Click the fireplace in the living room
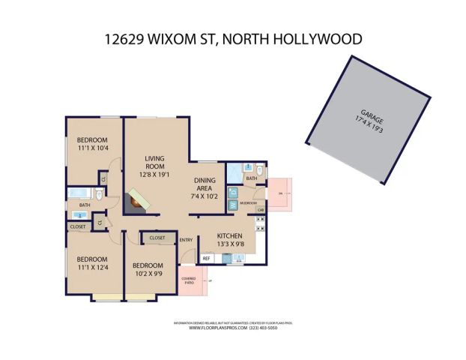tap(136, 201)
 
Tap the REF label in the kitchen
tap(206, 258)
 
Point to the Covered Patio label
tap(189, 281)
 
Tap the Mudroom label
tap(249, 203)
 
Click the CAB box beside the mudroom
tap(260, 210)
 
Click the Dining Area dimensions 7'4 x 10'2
tap(205, 196)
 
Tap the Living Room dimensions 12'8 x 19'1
tap(155, 175)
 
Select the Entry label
tap(187, 240)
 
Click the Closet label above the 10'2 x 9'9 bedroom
tap(157, 238)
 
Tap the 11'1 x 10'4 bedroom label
tap(93, 148)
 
